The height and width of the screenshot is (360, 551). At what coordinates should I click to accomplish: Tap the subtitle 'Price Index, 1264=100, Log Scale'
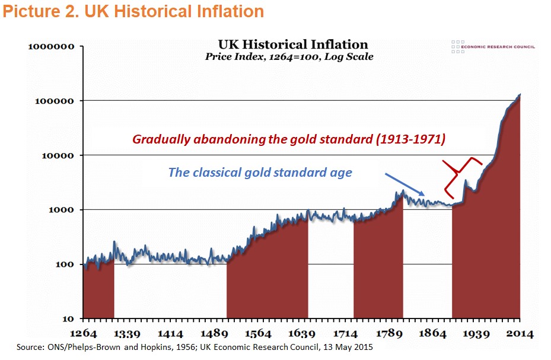289,57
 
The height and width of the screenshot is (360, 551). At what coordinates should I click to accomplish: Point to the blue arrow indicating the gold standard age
405,184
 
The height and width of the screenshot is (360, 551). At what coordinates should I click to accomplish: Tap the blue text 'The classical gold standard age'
260,173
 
